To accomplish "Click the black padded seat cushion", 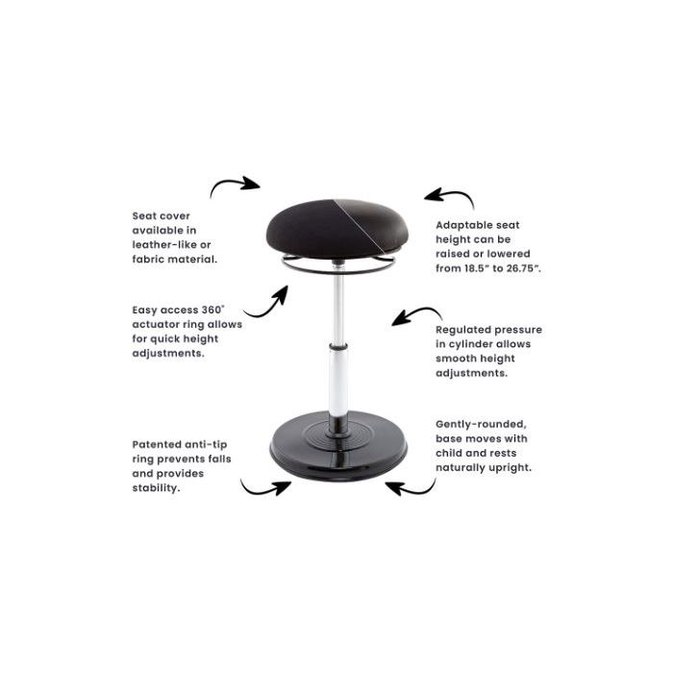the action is pos(336,229).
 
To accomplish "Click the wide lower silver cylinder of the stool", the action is pos(338,382).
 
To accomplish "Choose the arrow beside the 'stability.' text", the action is pos(264,488).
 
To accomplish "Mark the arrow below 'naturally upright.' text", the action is pos(411,489).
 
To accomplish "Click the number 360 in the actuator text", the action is pos(212,310).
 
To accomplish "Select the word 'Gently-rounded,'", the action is pos(481,425).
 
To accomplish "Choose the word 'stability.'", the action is pos(155,488).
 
